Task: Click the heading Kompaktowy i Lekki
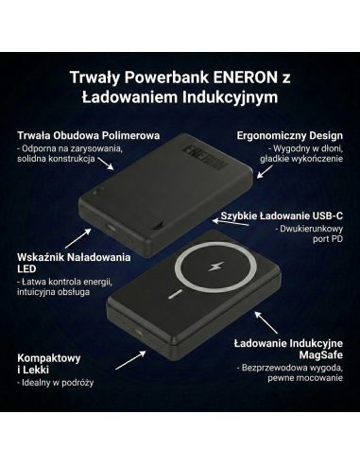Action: click(49, 367)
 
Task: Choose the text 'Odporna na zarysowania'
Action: click(65, 151)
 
